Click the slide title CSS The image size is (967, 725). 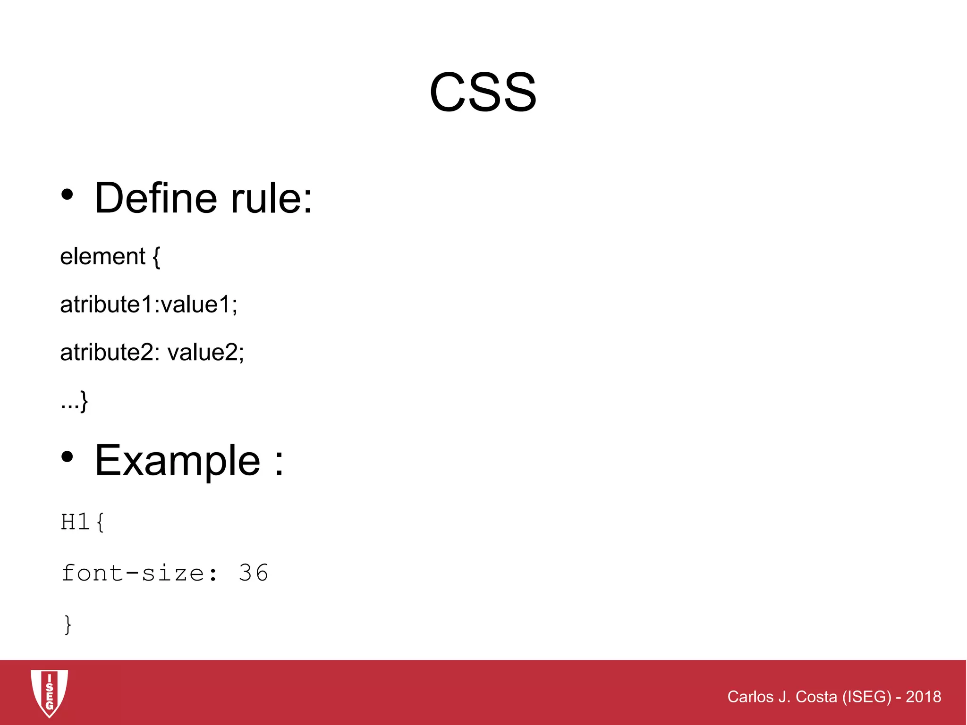483,92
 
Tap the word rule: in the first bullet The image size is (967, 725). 271,198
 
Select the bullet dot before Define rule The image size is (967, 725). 68,194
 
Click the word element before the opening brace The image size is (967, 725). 102,257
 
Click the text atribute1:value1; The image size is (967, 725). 149,304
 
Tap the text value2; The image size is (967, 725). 206,353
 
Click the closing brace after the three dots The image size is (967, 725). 84,401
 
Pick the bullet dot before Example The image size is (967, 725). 68,456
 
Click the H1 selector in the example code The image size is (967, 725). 75,522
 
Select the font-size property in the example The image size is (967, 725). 133,573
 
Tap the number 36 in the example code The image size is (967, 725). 254,573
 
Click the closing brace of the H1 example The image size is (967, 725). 68,624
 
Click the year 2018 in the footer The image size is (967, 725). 923,697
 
